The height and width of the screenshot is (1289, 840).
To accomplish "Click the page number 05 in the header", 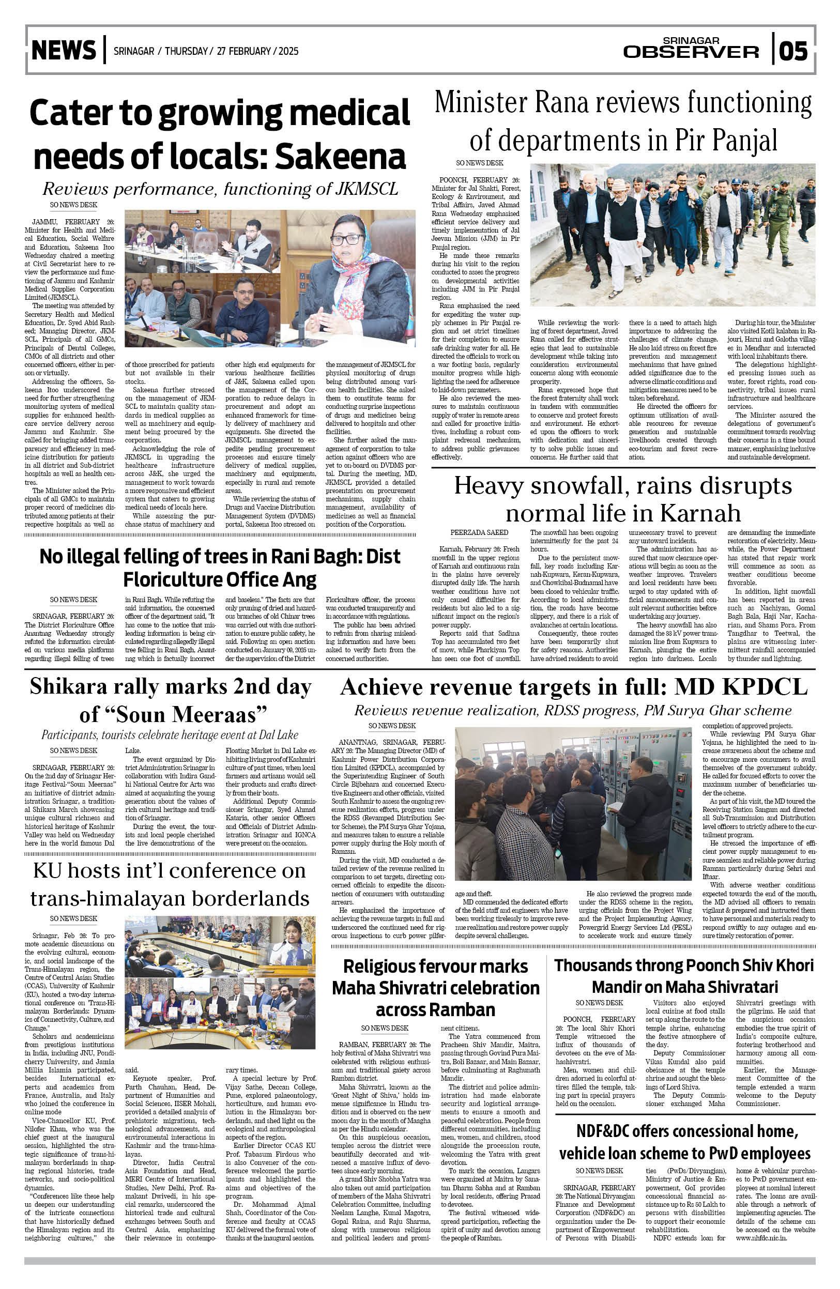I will click(793, 51).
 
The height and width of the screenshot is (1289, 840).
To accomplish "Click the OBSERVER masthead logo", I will click(691, 52).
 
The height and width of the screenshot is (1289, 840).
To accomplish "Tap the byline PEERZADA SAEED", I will click(479, 533).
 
